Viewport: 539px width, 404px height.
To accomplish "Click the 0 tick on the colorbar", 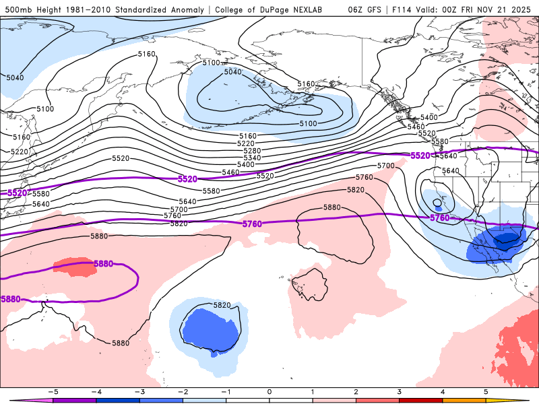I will coord(269,391).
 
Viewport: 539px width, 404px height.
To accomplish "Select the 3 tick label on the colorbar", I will coord(399,391).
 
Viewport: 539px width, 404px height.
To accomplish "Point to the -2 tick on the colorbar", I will coord(183,391).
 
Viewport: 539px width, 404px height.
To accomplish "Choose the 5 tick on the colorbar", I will coord(485,391).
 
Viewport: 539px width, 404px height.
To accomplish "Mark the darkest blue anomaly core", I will coord(507,237).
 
